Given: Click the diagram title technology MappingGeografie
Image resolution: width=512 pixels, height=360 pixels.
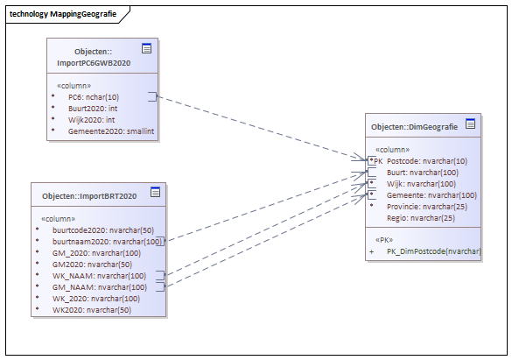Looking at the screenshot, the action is (63, 14).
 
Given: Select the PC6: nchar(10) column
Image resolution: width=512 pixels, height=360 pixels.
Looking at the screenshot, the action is (94, 97).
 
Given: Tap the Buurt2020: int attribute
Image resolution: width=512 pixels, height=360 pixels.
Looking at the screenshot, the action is (93, 109).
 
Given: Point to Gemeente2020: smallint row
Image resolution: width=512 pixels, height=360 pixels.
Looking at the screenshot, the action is (111, 131).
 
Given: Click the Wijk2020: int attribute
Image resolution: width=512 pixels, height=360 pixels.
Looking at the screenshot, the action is (91, 120).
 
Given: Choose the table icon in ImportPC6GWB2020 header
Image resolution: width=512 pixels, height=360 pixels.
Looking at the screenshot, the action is (147, 48).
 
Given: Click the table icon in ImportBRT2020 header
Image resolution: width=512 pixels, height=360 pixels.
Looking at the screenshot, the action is (156, 192).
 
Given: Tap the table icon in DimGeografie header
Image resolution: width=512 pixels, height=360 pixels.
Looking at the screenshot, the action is (471, 124).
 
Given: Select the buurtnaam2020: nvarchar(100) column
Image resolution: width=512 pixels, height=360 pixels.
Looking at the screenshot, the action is (107, 242).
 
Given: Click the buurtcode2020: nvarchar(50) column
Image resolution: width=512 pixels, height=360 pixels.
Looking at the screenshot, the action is (103, 230).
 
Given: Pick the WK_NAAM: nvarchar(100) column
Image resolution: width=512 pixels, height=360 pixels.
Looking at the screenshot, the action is (99, 276).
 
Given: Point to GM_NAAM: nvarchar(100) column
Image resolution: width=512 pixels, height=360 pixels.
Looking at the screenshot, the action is (100, 287).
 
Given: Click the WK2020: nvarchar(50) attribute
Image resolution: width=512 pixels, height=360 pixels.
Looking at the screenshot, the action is (92, 310).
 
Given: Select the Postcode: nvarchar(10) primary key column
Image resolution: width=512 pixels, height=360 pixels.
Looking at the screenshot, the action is (427, 161).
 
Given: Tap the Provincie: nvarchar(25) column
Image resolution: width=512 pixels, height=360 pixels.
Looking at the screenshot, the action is (427, 207).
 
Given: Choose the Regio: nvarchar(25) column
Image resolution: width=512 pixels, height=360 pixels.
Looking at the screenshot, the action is (421, 218).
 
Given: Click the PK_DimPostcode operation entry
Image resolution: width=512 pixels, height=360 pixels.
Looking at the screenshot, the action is (434, 251).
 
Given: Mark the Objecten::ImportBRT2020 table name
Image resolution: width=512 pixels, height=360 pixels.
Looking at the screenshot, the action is (89, 196).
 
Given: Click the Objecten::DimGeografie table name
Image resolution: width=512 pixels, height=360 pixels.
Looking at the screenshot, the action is (414, 127).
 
